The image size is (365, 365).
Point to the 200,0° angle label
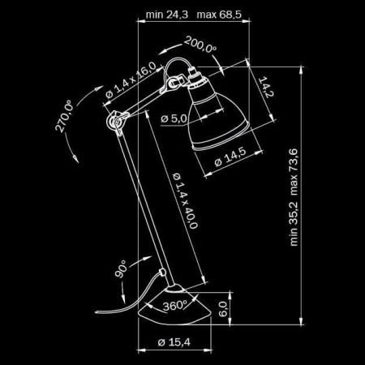coord(200,45)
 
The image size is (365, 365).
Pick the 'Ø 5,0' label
coord(174,119)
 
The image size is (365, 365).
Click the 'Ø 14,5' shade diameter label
coord(230,158)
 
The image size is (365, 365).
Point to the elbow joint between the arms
coord(113,122)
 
